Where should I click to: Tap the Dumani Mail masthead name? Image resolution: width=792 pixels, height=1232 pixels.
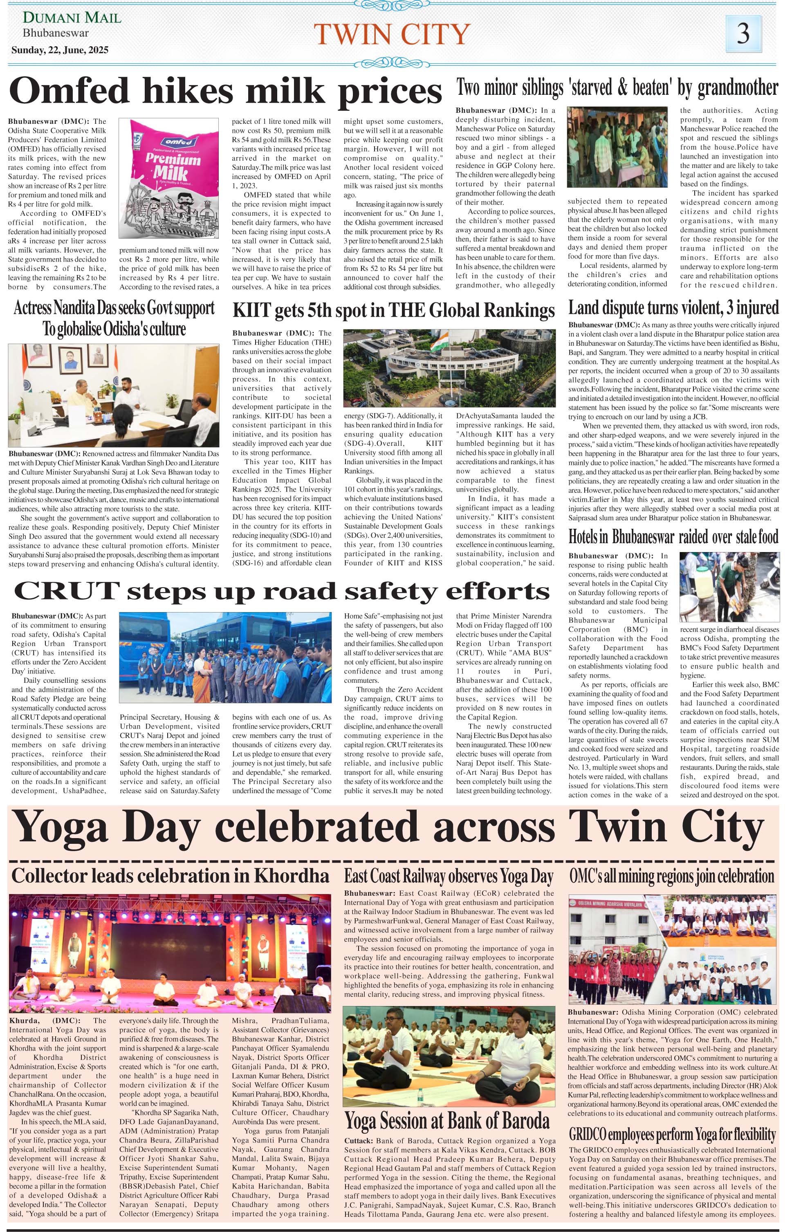(x=72, y=18)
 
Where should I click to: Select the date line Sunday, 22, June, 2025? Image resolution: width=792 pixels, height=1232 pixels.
(x=60, y=50)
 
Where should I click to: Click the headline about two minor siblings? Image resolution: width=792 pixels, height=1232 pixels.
(x=617, y=88)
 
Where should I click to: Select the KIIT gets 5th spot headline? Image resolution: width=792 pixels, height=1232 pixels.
(x=393, y=311)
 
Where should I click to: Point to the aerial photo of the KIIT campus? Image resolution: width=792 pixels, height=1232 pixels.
(x=449, y=368)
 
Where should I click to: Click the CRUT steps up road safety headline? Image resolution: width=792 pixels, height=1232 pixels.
(x=281, y=592)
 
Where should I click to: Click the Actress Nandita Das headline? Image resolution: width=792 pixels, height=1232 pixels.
(x=114, y=318)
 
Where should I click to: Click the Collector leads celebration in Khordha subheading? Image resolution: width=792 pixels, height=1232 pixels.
(x=170, y=876)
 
